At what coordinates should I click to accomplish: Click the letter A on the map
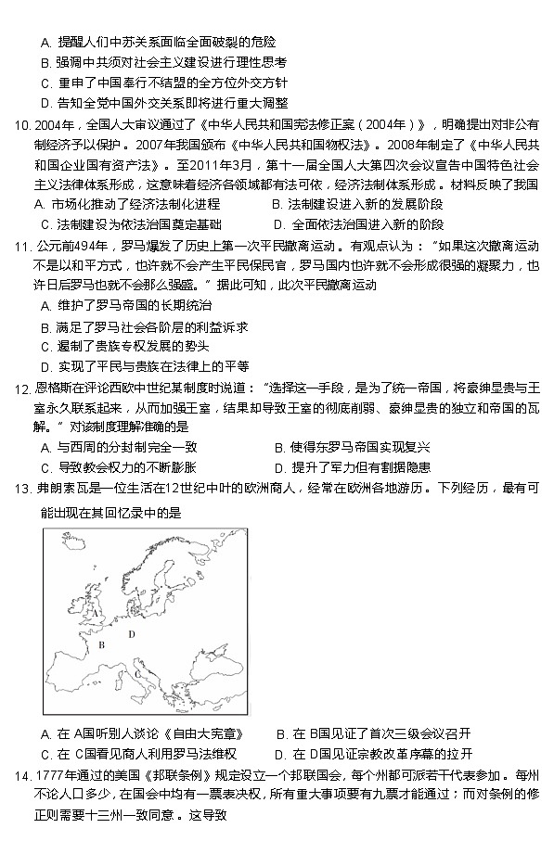[96, 612]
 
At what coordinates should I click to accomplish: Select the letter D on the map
[132, 634]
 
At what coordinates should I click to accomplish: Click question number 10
[19, 125]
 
